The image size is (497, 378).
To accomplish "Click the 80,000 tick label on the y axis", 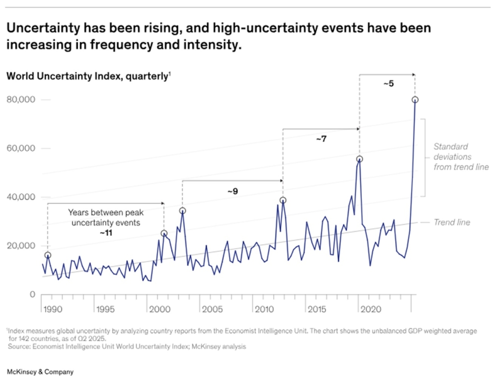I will coord(22,100).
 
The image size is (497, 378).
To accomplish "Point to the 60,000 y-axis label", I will coord(22,149).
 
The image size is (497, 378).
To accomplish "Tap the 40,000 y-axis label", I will coord(22,197).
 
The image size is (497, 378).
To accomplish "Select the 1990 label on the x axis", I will coord(52,309).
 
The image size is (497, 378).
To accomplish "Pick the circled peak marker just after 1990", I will coord(48,255).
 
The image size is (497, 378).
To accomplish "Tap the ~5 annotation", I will coord(388,84).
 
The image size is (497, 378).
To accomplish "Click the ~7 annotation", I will coord(321,139).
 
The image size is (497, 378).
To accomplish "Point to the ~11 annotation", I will coord(105,233).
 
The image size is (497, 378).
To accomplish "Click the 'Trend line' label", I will coord(451,223).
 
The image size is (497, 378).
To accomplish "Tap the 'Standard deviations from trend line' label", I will coord(461,156).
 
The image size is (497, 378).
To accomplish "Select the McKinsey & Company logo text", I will coord(40,372).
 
